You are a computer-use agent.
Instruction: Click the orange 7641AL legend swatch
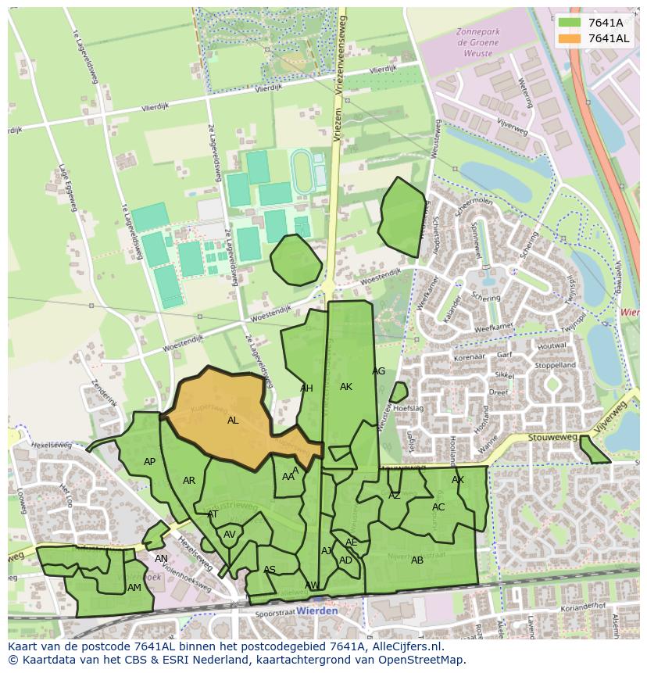point(570,38)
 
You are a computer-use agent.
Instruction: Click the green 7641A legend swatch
point(570,23)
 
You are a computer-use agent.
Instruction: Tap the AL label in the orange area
point(233,421)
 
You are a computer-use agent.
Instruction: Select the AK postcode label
point(346,387)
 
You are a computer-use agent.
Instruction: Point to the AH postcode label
point(306,388)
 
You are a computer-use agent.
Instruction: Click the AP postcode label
point(149,462)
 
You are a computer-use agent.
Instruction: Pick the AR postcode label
point(189,481)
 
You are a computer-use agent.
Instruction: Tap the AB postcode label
point(417,560)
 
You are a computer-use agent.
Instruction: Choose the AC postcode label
point(438,507)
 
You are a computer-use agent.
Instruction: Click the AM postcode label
point(134,588)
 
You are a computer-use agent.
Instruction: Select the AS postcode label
point(270,570)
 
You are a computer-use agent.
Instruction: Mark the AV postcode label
point(230,535)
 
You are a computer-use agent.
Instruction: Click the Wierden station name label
point(318,610)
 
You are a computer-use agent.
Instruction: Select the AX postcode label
point(458,480)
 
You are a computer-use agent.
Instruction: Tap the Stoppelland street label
point(555,365)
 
